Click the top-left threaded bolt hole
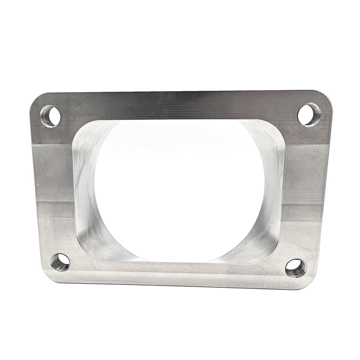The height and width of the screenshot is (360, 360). coord(51,116)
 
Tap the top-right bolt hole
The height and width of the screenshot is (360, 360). coord(309,114)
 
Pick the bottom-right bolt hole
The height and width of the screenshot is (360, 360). coord(295,268)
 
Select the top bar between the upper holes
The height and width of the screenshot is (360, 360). coord(180,106)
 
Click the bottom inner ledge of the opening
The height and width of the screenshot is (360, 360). coord(178,263)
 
